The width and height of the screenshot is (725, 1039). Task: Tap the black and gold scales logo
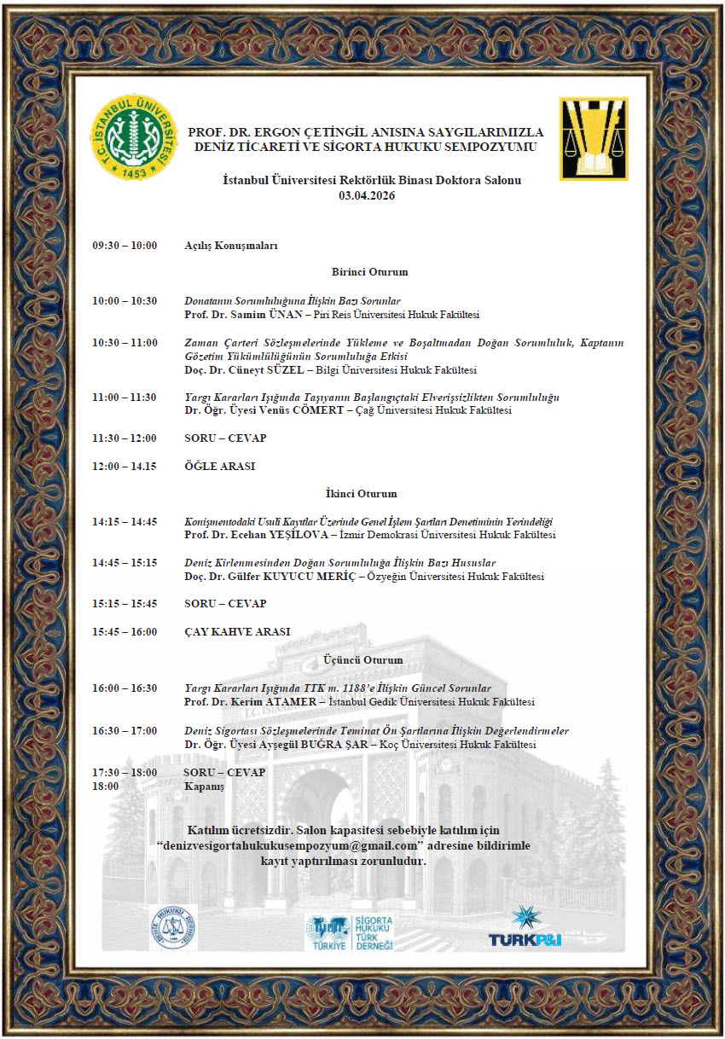click(x=593, y=138)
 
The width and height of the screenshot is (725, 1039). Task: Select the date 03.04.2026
click(x=367, y=195)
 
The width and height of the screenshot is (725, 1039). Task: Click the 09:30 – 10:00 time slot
click(x=125, y=246)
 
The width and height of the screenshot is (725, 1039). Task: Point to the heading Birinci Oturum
click(x=369, y=272)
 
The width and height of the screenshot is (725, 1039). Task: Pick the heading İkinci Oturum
click(x=361, y=493)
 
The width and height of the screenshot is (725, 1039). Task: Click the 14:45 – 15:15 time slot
click(x=125, y=563)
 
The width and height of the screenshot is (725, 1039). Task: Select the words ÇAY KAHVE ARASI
click(x=237, y=632)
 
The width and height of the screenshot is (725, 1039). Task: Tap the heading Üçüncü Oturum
click(x=362, y=659)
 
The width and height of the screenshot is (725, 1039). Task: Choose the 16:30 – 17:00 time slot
click(x=125, y=730)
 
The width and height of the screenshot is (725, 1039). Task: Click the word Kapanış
click(x=204, y=786)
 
